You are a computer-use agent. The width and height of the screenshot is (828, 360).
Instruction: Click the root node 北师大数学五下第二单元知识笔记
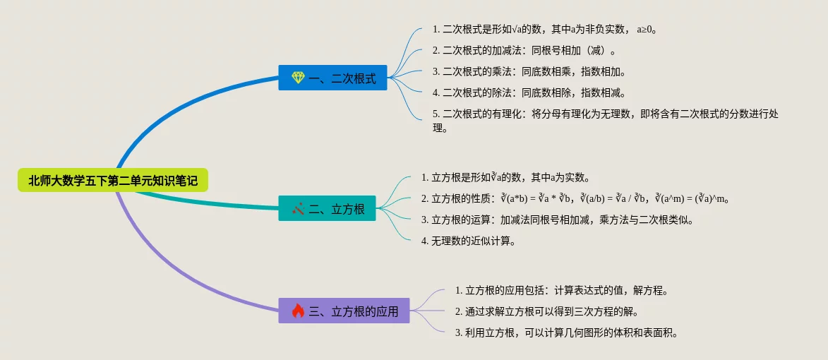pyautogui.click(x=112, y=181)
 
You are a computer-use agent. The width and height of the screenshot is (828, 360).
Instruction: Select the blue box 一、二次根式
pyautogui.click(x=332, y=78)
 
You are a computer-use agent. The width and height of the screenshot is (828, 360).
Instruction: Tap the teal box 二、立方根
pyautogui.click(x=327, y=208)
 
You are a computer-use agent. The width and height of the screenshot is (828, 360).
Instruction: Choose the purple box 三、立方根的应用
pyautogui.click(x=344, y=311)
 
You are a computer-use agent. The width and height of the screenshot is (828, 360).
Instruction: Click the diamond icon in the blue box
pyautogui.click(x=299, y=78)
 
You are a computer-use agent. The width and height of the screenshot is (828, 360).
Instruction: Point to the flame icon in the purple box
pyautogui.click(x=299, y=311)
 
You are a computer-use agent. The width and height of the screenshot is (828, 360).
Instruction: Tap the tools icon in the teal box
pyautogui.click(x=299, y=208)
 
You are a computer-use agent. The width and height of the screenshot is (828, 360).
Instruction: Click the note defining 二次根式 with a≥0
pyautogui.click(x=545, y=30)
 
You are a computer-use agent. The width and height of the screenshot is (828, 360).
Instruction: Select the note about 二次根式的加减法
pyautogui.click(x=524, y=51)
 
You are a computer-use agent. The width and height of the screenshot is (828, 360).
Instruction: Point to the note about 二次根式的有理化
pyautogui.click(x=605, y=121)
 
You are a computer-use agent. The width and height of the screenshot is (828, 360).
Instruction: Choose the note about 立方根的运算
pyautogui.click(x=557, y=220)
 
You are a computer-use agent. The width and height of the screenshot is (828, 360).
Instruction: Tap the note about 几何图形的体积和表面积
pyautogui.click(x=566, y=332)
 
